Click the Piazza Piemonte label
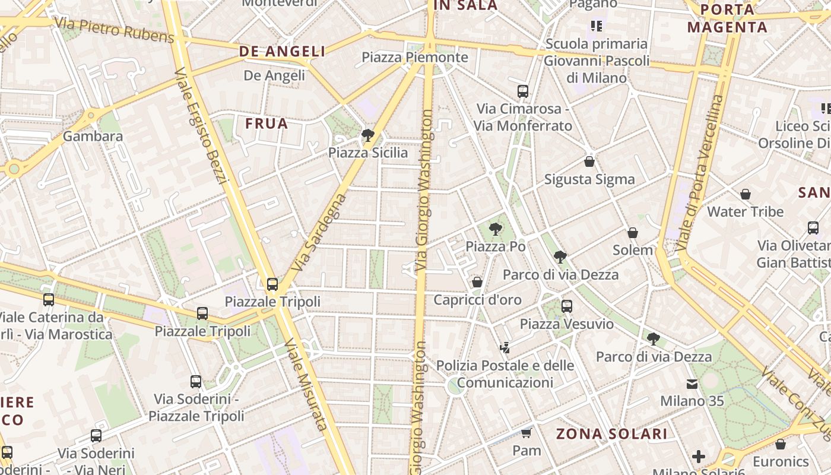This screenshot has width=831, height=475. [x=415, y=58]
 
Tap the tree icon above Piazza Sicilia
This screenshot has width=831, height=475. [x=368, y=135]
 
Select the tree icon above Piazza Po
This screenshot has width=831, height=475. [x=495, y=229]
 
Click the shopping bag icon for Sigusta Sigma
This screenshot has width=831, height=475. [x=589, y=161]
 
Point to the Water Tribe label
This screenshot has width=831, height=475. [x=745, y=211]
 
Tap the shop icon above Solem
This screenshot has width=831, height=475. [x=633, y=233]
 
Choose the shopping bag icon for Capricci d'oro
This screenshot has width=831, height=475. [x=477, y=282]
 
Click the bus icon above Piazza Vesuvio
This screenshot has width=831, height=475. [x=567, y=306]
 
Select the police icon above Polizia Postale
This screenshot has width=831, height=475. [x=505, y=348]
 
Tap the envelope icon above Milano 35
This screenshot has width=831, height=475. [x=692, y=384]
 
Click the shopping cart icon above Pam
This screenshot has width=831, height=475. [x=526, y=433]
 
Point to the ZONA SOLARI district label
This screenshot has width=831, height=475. [x=612, y=434]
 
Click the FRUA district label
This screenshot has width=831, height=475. [x=267, y=124]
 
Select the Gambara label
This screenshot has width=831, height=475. [x=93, y=136]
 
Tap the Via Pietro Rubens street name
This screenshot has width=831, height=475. [x=114, y=30]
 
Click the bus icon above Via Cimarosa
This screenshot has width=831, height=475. [x=523, y=91]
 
